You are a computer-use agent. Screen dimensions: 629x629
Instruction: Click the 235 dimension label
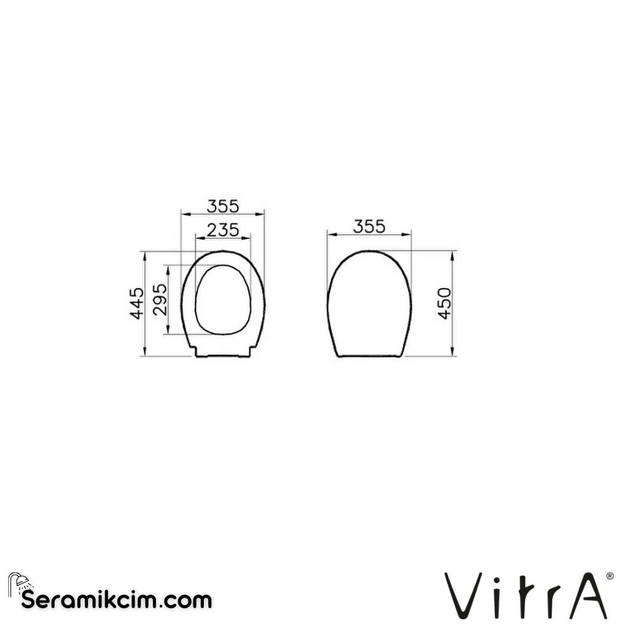[x=222, y=230]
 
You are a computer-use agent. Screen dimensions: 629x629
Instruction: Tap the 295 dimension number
[x=159, y=300]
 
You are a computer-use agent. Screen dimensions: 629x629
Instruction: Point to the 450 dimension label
[x=444, y=303]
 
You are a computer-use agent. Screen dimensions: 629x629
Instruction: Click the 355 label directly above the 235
[x=222, y=205]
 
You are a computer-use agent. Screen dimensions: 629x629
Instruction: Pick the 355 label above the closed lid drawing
[x=369, y=226]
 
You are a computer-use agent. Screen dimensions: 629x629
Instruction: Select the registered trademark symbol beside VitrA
[x=609, y=576]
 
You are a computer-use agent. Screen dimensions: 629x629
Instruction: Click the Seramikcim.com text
[x=116, y=600]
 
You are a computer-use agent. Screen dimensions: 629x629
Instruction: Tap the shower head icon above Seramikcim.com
[x=18, y=582]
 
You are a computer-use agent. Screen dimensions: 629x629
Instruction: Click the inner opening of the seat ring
[x=222, y=300]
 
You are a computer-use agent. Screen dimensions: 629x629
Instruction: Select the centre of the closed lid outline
[x=369, y=304]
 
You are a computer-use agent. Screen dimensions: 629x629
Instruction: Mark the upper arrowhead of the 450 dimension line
[x=453, y=254]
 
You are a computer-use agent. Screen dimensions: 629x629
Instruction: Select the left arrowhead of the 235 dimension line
[x=197, y=238]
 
